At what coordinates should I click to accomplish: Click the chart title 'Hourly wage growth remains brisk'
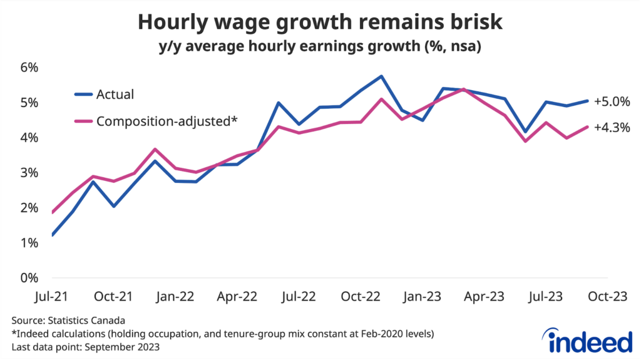pyautogui.click(x=320, y=22)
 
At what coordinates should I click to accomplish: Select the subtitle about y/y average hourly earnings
pyautogui.click(x=320, y=47)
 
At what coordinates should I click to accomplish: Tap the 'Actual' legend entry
pyautogui.click(x=115, y=95)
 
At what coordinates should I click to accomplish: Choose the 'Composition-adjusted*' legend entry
pyautogui.click(x=167, y=121)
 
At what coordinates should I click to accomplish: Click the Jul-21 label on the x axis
pyautogui.click(x=52, y=296)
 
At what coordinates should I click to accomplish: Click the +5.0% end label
pyautogui.click(x=612, y=101)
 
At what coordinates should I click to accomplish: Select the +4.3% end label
pyautogui.click(x=612, y=127)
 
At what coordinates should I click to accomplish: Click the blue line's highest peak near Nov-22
pyautogui.click(x=381, y=76)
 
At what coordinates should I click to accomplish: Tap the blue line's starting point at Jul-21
pyautogui.click(x=53, y=235)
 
